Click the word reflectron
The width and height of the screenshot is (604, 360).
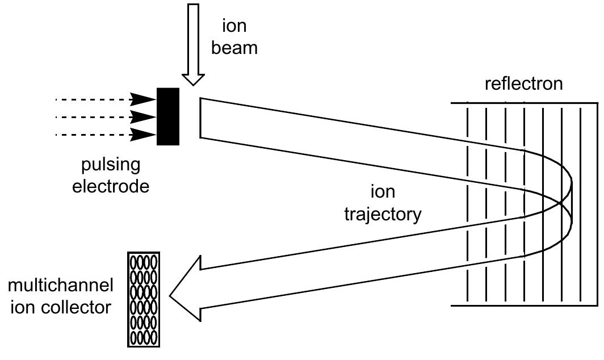pos(523,84)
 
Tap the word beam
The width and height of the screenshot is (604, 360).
pos(234,48)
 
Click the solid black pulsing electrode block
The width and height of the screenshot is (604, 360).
pos(168,116)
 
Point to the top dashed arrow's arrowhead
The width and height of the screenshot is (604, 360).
pos(144,100)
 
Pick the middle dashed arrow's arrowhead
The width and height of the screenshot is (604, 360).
pos(144,118)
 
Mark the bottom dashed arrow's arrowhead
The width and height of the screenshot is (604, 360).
pos(144,135)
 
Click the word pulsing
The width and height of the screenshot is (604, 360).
pos(110,165)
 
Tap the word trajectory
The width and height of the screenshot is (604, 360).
pos(384,214)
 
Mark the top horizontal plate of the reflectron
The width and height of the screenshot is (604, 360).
pos(524,103)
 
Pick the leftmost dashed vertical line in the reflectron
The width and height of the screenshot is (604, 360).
pos(467,204)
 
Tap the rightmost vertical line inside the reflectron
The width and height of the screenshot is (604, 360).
pos(581,204)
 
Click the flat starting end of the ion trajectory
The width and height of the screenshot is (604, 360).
pos(200,118)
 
